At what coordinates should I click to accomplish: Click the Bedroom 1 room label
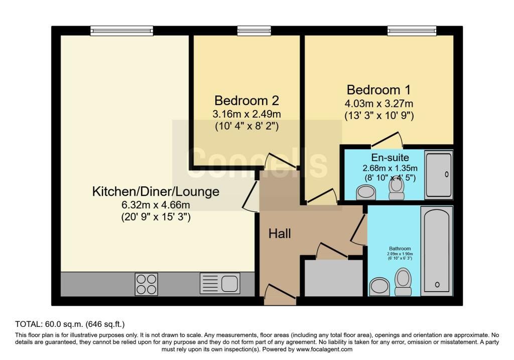378,90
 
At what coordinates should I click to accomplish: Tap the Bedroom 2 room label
246,100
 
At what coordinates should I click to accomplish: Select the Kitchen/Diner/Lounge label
156,191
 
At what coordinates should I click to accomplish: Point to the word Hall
280,234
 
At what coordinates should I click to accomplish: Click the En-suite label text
390,158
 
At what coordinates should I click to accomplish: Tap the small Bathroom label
400,249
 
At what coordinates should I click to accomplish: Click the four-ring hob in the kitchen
146,284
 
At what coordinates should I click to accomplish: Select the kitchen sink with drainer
220,284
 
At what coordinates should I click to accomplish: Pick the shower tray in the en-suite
439,175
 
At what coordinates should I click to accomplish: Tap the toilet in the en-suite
397,189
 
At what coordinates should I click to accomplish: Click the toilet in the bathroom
403,282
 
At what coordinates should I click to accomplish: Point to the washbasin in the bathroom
379,287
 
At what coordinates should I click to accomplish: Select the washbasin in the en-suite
366,192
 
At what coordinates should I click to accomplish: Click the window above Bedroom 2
254,31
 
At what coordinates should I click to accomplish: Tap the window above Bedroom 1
412,31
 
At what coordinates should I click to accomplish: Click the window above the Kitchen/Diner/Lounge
122,31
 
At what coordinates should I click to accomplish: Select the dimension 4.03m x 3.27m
379,104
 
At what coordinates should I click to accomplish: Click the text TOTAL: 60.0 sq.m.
49,324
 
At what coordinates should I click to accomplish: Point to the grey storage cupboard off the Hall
334,278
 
